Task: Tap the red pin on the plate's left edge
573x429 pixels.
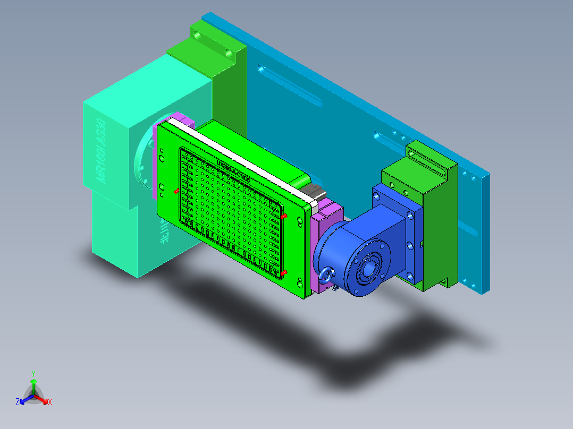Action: (176, 191)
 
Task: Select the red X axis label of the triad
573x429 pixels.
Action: (50, 402)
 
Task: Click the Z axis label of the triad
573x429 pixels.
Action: (18, 402)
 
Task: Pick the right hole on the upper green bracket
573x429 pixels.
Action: (229, 53)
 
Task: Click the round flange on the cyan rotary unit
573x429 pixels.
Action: (142, 159)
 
